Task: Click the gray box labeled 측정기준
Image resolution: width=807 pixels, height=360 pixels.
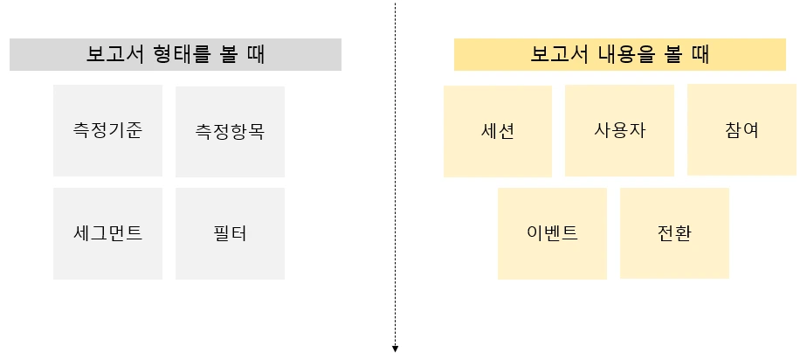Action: click(x=107, y=130)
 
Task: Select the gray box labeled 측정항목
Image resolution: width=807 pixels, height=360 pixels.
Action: click(x=230, y=132)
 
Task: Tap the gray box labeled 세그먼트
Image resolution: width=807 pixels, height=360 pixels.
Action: click(x=107, y=233)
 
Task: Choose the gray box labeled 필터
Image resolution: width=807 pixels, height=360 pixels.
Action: click(x=230, y=233)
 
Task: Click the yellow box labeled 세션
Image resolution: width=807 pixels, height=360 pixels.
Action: click(x=497, y=131)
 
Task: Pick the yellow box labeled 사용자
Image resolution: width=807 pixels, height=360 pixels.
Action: click(x=619, y=131)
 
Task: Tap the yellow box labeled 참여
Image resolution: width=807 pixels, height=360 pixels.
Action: click(x=741, y=130)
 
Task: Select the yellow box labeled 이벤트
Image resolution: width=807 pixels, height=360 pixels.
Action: click(x=552, y=233)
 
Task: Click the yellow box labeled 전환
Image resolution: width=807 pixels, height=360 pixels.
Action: click(x=674, y=233)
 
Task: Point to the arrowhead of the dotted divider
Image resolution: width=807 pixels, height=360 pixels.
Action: click(x=396, y=349)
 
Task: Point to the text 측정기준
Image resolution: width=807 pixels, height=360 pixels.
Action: click(x=107, y=131)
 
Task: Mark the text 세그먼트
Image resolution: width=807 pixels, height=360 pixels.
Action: click(x=107, y=234)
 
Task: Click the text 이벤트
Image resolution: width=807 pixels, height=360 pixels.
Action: click(x=552, y=234)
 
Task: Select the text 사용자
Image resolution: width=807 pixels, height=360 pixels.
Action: click(x=619, y=131)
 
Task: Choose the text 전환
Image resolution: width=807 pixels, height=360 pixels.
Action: click(x=674, y=234)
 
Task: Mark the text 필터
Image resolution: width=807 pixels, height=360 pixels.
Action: click(x=230, y=234)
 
